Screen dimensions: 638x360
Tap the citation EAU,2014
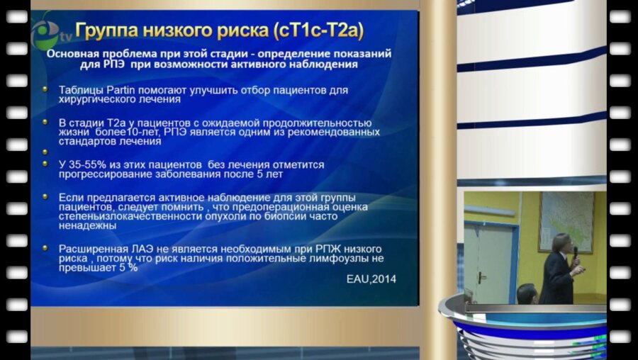[371, 279]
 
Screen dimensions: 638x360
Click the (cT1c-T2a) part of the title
[318, 32]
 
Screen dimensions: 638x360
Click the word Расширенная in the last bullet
[89, 249]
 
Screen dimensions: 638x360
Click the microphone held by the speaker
[576, 252]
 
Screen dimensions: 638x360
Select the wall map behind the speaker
[566, 222]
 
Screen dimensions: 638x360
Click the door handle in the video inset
[482, 279]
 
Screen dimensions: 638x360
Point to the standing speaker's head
[561, 242]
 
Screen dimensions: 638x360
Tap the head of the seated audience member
[527, 293]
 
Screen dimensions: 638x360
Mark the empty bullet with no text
[45, 152]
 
